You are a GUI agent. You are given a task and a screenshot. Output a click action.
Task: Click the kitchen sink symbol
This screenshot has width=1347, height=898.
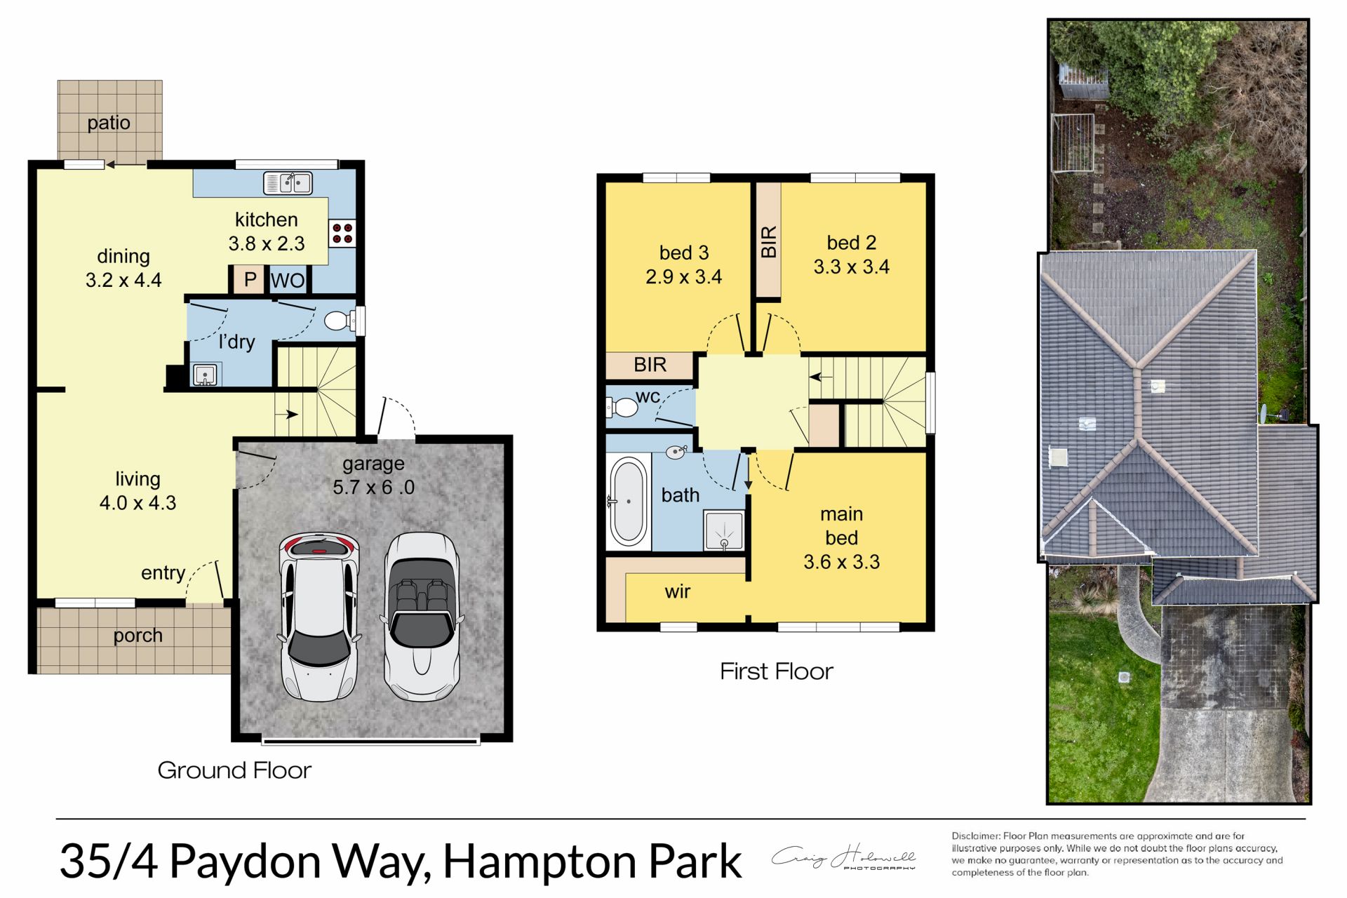[288, 183]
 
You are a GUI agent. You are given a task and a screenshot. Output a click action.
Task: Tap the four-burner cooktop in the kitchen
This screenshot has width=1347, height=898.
[342, 234]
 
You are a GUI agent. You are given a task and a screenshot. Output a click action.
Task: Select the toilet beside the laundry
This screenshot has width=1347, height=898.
[340, 321]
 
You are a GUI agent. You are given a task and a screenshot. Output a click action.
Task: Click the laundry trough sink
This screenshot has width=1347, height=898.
[205, 375]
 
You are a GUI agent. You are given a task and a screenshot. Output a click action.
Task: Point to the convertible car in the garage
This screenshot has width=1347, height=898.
[422, 617]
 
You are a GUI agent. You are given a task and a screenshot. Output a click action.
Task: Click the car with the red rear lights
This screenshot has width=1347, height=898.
[319, 617]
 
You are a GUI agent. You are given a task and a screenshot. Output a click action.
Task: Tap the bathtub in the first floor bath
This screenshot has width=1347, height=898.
[628, 501]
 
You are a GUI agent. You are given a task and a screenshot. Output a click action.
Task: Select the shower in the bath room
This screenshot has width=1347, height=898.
[723, 531]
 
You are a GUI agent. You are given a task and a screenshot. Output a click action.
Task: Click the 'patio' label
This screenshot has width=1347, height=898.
[109, 123]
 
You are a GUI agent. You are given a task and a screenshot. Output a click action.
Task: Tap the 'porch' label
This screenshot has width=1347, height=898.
[138, 636]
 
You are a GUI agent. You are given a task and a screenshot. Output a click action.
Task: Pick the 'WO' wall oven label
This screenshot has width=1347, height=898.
[288, 281]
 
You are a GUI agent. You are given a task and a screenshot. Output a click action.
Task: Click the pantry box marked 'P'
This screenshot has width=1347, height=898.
[249, 280]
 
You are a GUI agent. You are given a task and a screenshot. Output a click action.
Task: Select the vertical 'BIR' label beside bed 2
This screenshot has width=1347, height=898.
[769, 241]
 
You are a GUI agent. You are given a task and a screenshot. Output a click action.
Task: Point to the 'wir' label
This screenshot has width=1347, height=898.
[678, 591]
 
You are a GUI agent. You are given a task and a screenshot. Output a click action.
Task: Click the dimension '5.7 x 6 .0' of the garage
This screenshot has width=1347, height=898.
[373, 487]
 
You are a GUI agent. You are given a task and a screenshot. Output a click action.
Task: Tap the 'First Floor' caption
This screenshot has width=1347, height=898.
[776, 671]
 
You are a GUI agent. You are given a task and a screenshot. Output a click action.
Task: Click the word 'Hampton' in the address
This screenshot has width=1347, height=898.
[539, 862]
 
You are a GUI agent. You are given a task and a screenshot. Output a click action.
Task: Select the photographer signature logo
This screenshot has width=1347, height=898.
[844, 857]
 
